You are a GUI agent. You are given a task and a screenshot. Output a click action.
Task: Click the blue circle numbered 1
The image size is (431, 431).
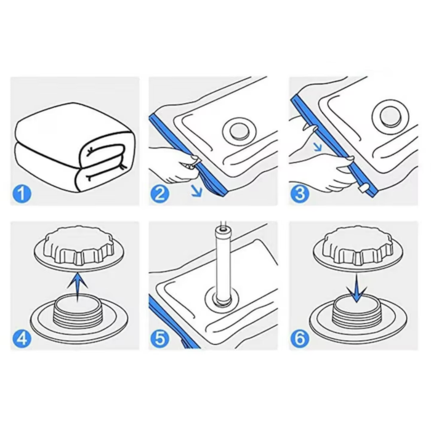pos(22,194)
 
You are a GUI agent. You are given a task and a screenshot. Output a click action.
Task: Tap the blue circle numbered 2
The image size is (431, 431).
pos(160,194)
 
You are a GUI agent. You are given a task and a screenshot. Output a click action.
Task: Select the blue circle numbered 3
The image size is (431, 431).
pos(300,194)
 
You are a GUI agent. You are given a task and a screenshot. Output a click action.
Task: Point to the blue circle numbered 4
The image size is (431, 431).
pos(22,338)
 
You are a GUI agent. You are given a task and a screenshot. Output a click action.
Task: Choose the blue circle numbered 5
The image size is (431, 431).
pos(160,338)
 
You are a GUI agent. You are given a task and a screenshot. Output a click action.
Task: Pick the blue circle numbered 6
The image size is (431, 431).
pos(300,338)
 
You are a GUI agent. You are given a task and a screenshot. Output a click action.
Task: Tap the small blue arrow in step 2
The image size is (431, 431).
pos(197,191)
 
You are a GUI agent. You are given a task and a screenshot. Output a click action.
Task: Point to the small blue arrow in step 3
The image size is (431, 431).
pos(318,147)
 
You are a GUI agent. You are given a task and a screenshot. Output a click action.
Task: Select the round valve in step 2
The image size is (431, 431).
pos(240,131)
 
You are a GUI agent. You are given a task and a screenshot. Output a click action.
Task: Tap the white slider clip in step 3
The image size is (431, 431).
pos(363,190)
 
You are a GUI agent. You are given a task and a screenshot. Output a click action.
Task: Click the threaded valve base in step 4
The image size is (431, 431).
pos(79,315)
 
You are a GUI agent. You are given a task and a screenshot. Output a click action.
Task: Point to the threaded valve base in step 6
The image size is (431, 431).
pos(358,316)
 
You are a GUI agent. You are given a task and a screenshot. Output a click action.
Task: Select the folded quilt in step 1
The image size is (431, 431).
pos(75,147)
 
